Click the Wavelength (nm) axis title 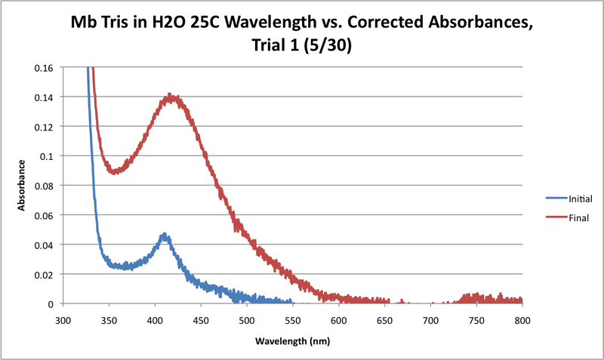(292, 340)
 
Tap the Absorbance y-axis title (23, 186)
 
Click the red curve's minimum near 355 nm (114, 171)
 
